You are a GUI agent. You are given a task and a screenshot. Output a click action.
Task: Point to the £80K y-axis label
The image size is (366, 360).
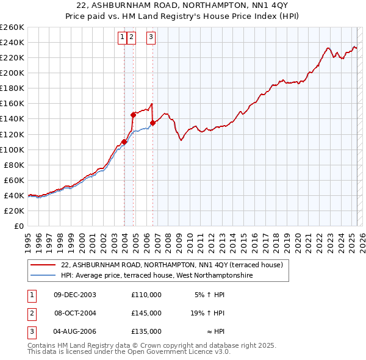point(14,165)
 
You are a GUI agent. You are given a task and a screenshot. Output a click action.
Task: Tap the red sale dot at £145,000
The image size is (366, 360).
point(133,114)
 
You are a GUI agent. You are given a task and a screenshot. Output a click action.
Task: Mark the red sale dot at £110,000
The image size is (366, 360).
point(124,142)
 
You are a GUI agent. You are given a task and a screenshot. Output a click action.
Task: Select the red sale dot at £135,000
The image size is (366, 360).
point(152,122)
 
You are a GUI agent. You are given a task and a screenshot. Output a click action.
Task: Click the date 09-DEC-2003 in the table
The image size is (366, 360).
point(74,295)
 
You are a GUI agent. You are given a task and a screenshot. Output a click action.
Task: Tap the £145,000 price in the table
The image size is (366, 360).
point(146,313)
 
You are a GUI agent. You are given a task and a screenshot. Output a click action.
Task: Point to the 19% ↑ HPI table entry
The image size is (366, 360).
point(207,313)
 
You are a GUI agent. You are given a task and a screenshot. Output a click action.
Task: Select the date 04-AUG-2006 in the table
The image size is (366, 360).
point(75,331)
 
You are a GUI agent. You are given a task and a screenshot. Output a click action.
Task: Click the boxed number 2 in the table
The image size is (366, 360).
point(30,313)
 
